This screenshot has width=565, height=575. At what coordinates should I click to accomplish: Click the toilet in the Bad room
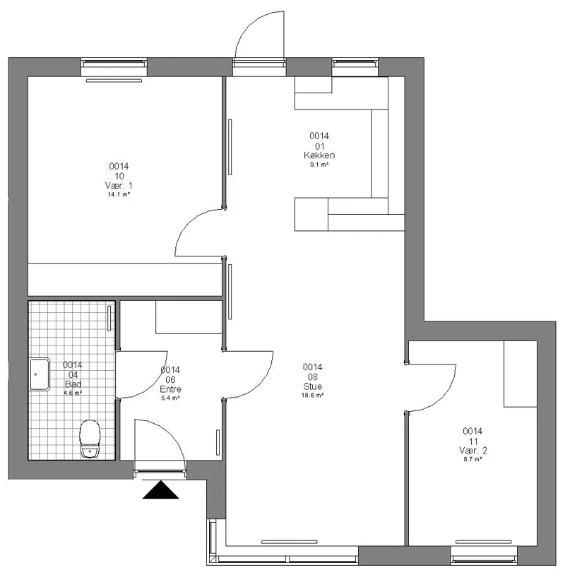point(90,439)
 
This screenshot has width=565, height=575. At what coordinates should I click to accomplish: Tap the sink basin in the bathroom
point(40,374)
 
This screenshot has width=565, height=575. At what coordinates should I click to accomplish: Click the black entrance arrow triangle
point(160,490)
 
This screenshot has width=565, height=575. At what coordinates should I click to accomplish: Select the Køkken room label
point(319,155)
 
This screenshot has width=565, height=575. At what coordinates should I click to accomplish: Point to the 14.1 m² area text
point(119,194)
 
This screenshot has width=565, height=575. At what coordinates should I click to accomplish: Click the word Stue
point(313,386)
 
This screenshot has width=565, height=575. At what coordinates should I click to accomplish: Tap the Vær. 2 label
point(473,450)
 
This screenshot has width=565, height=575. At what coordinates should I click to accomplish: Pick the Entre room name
point(170,389)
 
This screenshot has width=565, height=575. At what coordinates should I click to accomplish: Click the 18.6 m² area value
point(312,396)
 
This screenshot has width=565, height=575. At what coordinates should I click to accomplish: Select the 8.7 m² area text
point(472,459)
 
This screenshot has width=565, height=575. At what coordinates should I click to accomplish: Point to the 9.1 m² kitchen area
point(319,165)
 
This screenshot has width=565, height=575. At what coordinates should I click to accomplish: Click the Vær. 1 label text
point(119,186)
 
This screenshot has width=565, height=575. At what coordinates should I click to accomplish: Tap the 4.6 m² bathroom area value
point(73,393)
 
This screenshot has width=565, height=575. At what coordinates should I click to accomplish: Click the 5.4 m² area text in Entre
point(170,398)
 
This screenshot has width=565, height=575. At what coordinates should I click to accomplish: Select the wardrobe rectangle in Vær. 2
point(521,374)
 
